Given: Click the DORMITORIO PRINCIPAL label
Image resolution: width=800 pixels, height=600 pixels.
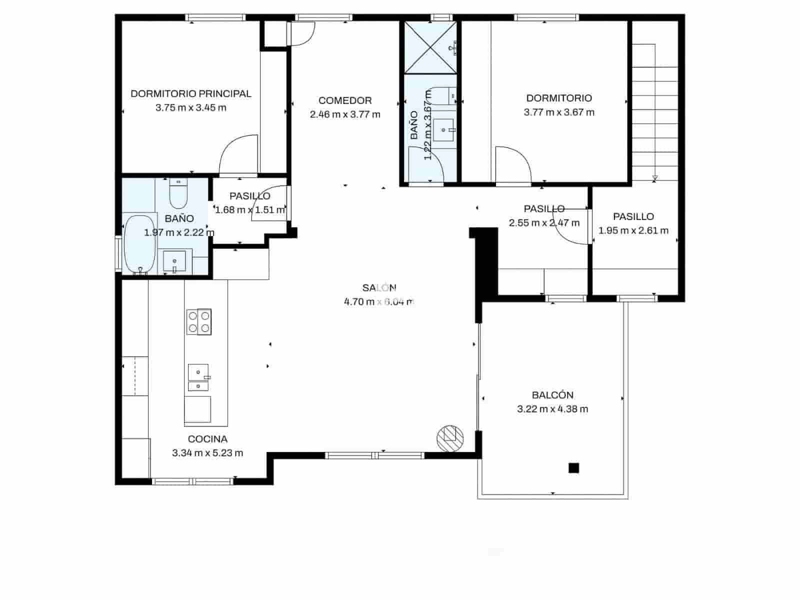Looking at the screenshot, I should point(190,93).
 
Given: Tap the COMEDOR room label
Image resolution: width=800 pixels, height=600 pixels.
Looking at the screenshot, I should point(345,100).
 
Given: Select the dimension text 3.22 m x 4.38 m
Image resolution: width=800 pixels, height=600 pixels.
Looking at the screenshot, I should point(552,409).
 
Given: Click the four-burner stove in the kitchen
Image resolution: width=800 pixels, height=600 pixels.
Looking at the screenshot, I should point(199,321).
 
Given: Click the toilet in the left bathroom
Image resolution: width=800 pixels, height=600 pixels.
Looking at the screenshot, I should point(178,193).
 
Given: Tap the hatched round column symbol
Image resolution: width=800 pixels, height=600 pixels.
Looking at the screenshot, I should point(450,438).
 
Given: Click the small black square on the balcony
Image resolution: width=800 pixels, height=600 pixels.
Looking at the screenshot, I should point(573,468).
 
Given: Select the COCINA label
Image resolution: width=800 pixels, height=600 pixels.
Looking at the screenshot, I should point(207,439).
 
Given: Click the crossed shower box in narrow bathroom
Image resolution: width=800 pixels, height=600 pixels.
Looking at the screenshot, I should point(430,47).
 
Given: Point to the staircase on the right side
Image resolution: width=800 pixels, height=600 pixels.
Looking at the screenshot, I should point(654,110).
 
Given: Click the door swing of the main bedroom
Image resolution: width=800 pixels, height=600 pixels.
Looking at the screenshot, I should point(238,155).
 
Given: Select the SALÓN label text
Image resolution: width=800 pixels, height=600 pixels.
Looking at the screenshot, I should point(379,287).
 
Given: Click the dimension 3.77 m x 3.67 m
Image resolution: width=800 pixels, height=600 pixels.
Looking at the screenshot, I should point(559,112).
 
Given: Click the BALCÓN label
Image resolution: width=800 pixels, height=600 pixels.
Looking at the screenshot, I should point(552,395).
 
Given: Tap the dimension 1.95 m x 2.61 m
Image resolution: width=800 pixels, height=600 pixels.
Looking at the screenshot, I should point(633,230).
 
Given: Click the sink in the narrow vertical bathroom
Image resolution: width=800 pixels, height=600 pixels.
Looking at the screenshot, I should point(443,130).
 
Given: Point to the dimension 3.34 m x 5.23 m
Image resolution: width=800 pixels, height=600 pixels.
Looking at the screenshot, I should point(207,453).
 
